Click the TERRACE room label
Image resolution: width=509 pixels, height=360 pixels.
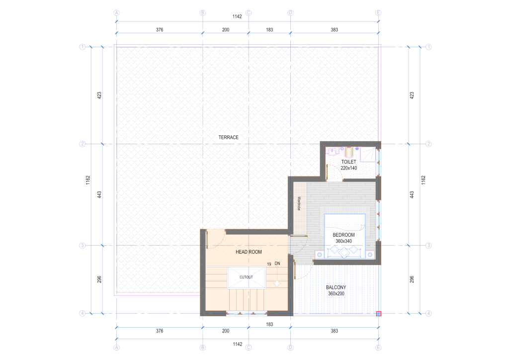click(228, 137)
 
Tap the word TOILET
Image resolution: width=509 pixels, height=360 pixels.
click(348, 162)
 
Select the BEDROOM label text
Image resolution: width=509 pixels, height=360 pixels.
click(343, 235)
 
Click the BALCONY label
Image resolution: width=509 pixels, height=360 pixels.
click(336, 287)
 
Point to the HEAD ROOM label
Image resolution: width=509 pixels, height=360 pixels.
click(249, 252)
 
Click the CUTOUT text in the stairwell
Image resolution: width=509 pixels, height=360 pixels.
click(246, 277)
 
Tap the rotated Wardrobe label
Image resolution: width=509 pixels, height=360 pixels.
click(299, 203)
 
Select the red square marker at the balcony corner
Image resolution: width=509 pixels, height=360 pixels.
click(378, 314)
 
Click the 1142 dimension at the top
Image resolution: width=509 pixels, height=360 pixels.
click(237, 16)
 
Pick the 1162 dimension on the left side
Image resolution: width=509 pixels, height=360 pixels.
click(87, 180)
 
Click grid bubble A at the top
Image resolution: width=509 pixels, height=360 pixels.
click(116, 13)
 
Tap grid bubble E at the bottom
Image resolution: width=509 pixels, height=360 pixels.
click(378, 348)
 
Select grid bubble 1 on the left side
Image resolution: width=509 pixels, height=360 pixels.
click(83, 47)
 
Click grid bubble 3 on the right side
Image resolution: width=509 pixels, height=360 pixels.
click(428, 246)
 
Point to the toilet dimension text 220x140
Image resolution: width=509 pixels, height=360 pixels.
click(348, 168)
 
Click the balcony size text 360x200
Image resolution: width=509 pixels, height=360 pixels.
click(336, 293)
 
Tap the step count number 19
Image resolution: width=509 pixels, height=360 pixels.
click(269, 264)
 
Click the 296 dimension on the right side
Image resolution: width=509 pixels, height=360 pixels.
click(412, 279)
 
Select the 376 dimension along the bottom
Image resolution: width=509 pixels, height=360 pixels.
click(160, 331)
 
